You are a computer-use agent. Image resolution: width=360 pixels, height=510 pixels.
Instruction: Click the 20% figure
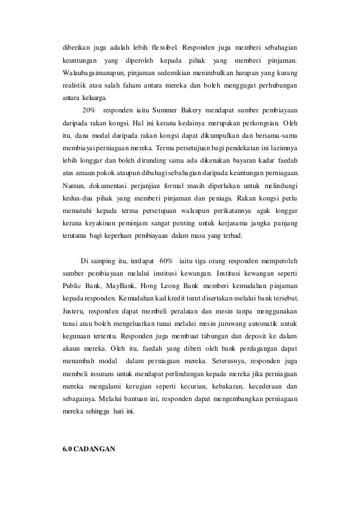(x=89, y=110)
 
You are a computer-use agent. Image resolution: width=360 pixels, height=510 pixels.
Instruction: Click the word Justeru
(x=75, y=310)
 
